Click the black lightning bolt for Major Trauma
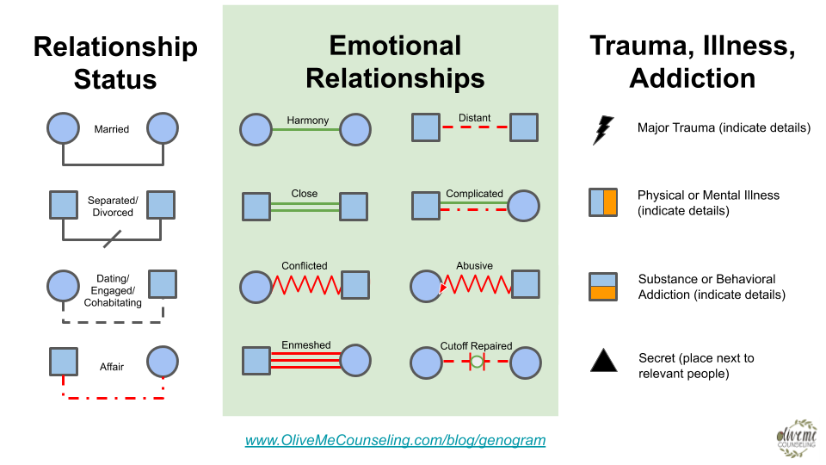[x=603, y=130]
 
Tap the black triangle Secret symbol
[x=603, y=359]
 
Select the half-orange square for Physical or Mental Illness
[x=603, y=201]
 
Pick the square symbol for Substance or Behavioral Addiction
[x=603, y=286]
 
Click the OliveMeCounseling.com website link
[x=395, y=440]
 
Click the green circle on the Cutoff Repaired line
[x=477, y=363]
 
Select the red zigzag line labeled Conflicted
[x=306, y=285]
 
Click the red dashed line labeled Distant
[x=475, y=127]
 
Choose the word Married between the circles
[x=112, y=129]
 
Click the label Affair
[x=112, y=367]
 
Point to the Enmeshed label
[x=306, y=345]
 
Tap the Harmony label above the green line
[x=307, y=121]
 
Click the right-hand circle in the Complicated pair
[x=524, y=207]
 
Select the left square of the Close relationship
[x=256, y=207]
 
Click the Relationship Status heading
[x=115, y=63]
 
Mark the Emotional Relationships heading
[x=395, y=62]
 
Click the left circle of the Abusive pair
[x=427, y=285]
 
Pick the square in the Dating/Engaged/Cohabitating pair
[x=163, y=284]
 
